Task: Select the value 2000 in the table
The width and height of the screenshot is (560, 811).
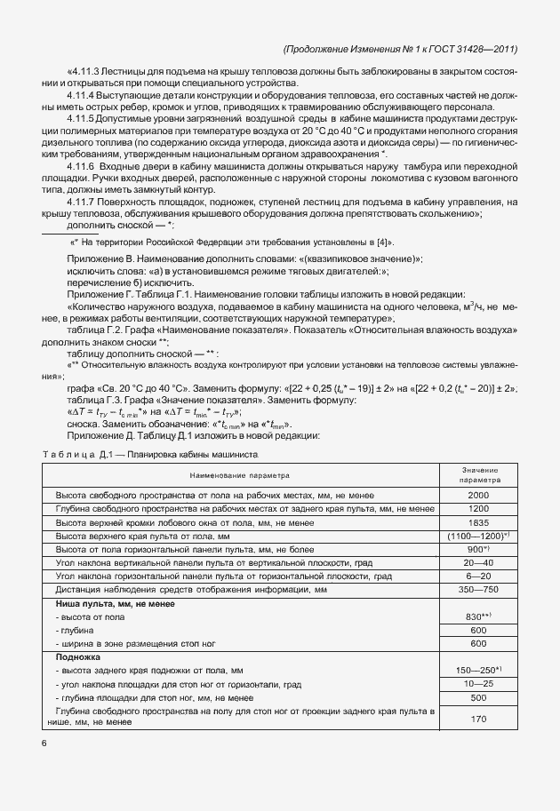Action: click(x=478, y=494)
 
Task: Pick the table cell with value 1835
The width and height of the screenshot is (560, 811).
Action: click(x=478, y=523)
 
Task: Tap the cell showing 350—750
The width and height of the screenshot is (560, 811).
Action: click(x=478, y=590)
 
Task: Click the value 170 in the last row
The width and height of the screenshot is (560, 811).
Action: click(x=478, y=719)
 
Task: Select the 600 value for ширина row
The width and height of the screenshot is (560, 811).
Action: click(x=478, y=642)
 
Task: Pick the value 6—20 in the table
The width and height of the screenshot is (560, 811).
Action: click(x=478, y=576)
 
